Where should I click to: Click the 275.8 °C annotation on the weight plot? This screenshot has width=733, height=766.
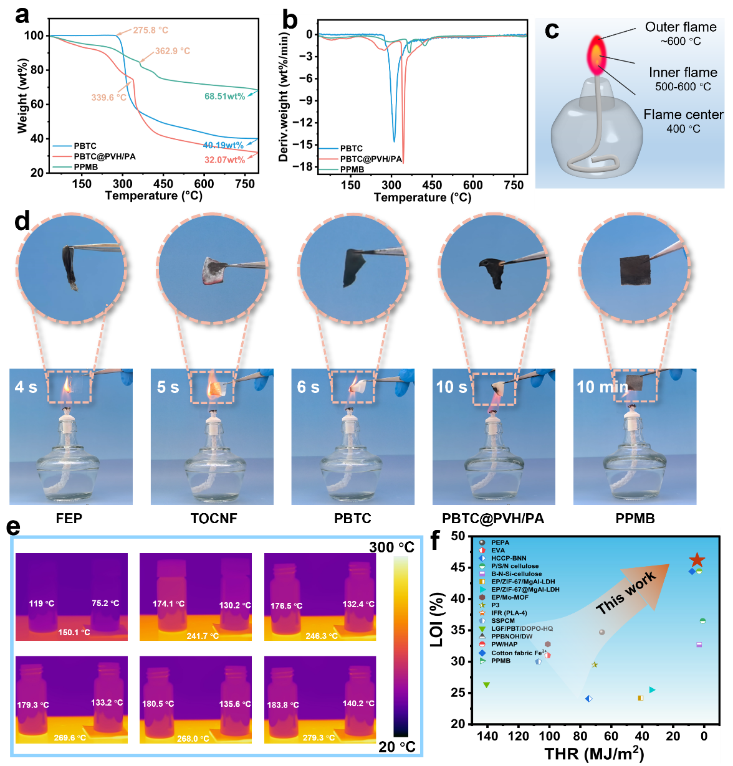(x=150, y=30)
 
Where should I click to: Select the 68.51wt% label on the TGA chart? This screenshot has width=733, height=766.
(x=224, y=97)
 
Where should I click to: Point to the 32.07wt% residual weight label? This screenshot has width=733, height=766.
(x=224, y=160)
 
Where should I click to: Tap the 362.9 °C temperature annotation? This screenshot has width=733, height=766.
(x=173, y=51)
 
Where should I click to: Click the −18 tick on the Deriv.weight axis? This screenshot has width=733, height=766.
(x=305, y=166)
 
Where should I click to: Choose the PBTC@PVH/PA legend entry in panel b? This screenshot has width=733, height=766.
(x=371, y=159)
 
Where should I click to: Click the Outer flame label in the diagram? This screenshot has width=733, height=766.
(x=681, y=27)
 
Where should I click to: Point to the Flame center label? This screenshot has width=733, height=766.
(x=683, y=115)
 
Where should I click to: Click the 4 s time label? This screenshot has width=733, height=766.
(x=26, y=387)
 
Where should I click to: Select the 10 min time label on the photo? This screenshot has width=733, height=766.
(x=602, y=387)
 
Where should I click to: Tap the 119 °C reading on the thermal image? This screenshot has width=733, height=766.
(x=42, y=603)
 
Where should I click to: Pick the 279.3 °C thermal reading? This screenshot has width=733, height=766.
(x=319, y=737)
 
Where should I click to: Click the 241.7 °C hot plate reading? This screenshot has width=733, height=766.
(x=203, y=636)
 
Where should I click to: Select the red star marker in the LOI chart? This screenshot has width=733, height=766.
(x=697, y=560)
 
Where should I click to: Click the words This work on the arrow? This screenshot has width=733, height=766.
(x=626, y=593)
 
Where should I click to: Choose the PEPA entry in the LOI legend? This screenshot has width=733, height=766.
(x=500, y=543)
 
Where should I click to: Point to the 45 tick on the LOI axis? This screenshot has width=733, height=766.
(x=458, y=567)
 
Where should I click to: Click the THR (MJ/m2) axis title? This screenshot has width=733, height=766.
(x=594, y=754)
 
